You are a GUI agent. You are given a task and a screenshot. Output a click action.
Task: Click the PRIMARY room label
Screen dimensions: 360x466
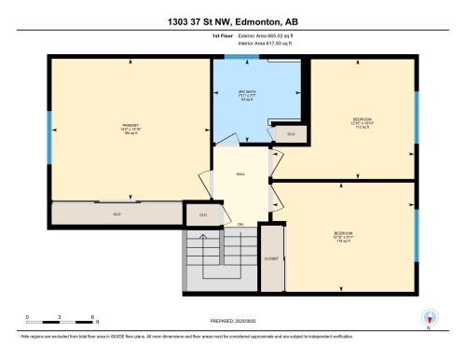click(x=130, y=127)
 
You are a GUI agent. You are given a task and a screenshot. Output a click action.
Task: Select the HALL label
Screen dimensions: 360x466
click(x=240, y=174)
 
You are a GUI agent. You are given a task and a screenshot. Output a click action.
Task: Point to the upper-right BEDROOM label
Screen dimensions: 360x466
click(x=363, y=121)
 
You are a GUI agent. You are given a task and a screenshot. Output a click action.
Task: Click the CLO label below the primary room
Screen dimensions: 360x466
click(x=117, y=214)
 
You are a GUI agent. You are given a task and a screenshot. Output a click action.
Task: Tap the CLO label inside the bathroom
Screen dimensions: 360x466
click(x=290, y=134)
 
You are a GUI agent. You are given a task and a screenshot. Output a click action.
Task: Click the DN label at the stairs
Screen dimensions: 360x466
click(x=240, y=225)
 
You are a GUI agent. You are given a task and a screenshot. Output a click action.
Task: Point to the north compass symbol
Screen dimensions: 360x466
click(x=428, y=318)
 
